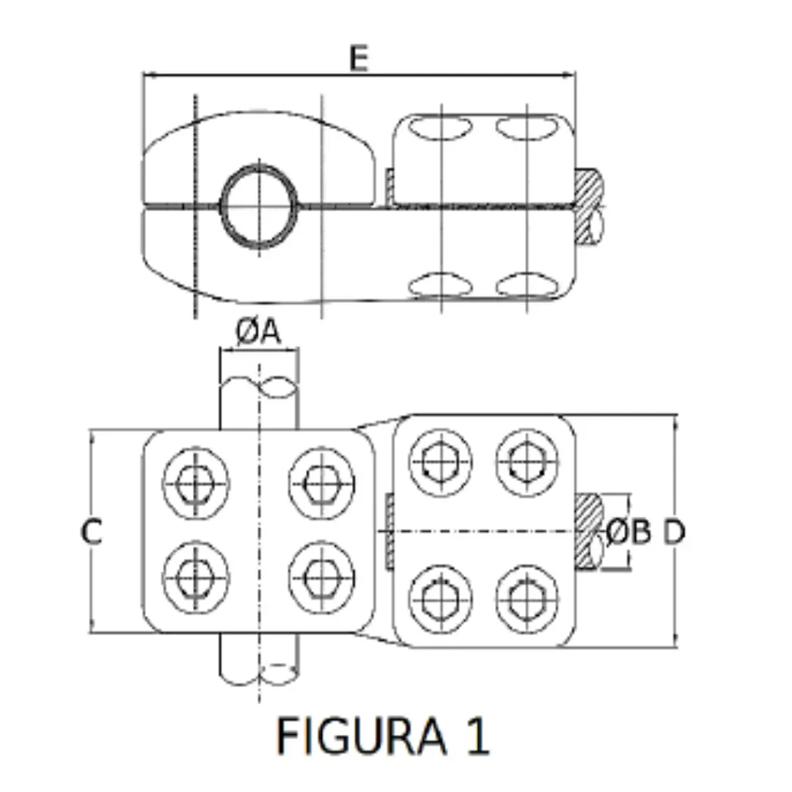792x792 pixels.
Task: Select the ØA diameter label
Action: [x=258, y=332]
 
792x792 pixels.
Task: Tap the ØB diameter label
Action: [x=628, y=532]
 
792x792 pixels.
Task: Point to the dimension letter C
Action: [x=92, y=532]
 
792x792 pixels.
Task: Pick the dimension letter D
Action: [x=674, y=532]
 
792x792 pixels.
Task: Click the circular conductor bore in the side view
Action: [x=259, y=206]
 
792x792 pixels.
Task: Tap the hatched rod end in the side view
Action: [x=589, y=207]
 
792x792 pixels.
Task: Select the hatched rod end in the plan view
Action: [x=589, y=532]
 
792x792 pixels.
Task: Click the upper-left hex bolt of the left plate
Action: [x=196, y=483]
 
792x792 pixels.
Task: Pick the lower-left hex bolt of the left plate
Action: [x=196, y=577]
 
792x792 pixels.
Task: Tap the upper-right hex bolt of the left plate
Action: [x=322, y=483]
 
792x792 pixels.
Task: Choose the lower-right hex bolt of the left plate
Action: [x=322, y=577]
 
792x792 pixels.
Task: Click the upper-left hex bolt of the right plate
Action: [x=441, y=462]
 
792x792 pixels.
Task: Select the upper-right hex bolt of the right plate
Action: [x=527, y=462]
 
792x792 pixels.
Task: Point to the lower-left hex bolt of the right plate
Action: [x=441, y=600]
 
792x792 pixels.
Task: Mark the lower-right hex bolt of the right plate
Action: [x=527, y=600]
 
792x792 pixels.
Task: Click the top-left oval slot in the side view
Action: [x=440, y=128]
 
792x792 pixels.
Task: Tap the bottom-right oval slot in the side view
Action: [x=527, y=285]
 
